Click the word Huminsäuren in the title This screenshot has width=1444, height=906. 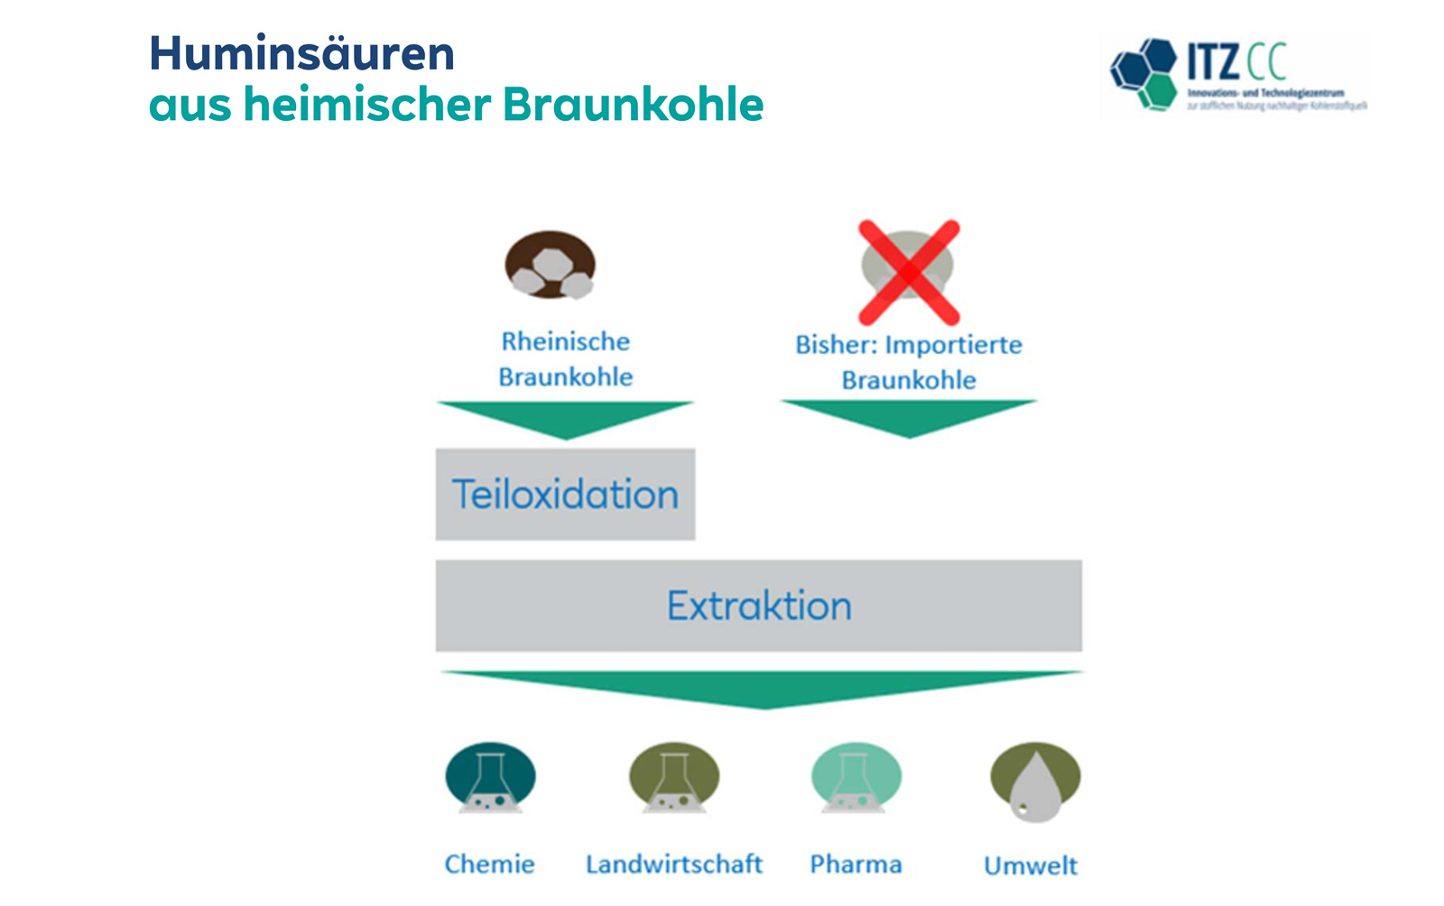click(301, 54)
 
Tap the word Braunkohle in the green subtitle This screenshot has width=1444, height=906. click(633, 105)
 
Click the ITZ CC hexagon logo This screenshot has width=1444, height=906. click(1144, 74)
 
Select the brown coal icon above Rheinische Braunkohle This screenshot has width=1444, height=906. click(550, 265)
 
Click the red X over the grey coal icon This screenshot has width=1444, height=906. click(908, 272)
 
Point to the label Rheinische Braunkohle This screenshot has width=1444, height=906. click(565, 359)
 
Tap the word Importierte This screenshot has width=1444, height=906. click(953, 346)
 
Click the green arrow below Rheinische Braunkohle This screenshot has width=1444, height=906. click(565, 418)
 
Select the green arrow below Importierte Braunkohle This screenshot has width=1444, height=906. click(908, 416)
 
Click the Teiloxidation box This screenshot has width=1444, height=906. click(565, 495)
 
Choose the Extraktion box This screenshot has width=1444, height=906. click(758, 606)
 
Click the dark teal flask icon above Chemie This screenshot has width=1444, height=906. click(490, 778)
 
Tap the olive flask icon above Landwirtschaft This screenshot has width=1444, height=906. click(673, 778)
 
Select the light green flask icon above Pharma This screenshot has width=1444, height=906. click(856, 778)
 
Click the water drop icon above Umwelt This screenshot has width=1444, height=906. click(1034, 781)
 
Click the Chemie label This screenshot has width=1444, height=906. click(489, 864)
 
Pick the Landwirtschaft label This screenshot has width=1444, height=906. click(673, 864)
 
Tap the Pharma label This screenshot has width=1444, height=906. click(856, 864)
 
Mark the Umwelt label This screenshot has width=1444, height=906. click(1030, 866)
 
